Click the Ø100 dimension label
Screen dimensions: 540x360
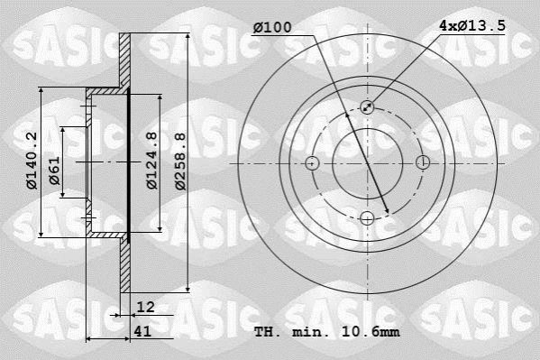point(272,28)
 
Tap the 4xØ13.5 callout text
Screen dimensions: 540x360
point(472,26)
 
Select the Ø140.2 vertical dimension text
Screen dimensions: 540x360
point(32,161)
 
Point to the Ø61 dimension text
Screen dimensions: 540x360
point(54,171)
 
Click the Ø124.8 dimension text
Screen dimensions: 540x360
point(151,161)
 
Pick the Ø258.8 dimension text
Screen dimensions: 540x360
point(180,162)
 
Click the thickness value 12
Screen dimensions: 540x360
point(145,307)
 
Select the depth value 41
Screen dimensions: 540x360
point(142,331)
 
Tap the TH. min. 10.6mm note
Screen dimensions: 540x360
point(327,332)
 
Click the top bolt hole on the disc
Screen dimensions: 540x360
point(367,107)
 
